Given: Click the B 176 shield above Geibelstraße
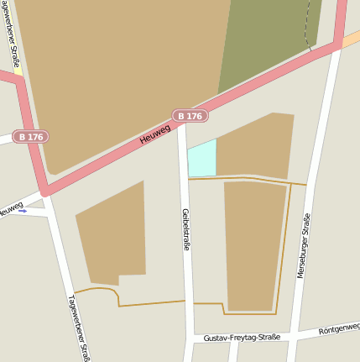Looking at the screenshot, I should point(190,116).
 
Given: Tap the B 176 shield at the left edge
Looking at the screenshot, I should point(30,136).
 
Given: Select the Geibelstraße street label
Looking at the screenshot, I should point(186,229).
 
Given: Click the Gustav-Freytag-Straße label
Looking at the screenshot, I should point(242,338).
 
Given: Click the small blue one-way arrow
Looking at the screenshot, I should point(23,211).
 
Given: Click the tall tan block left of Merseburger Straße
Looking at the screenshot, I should point(254,244).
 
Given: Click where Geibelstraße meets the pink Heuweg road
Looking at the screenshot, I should point(180,124).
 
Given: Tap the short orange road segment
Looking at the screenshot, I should point(351,37).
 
